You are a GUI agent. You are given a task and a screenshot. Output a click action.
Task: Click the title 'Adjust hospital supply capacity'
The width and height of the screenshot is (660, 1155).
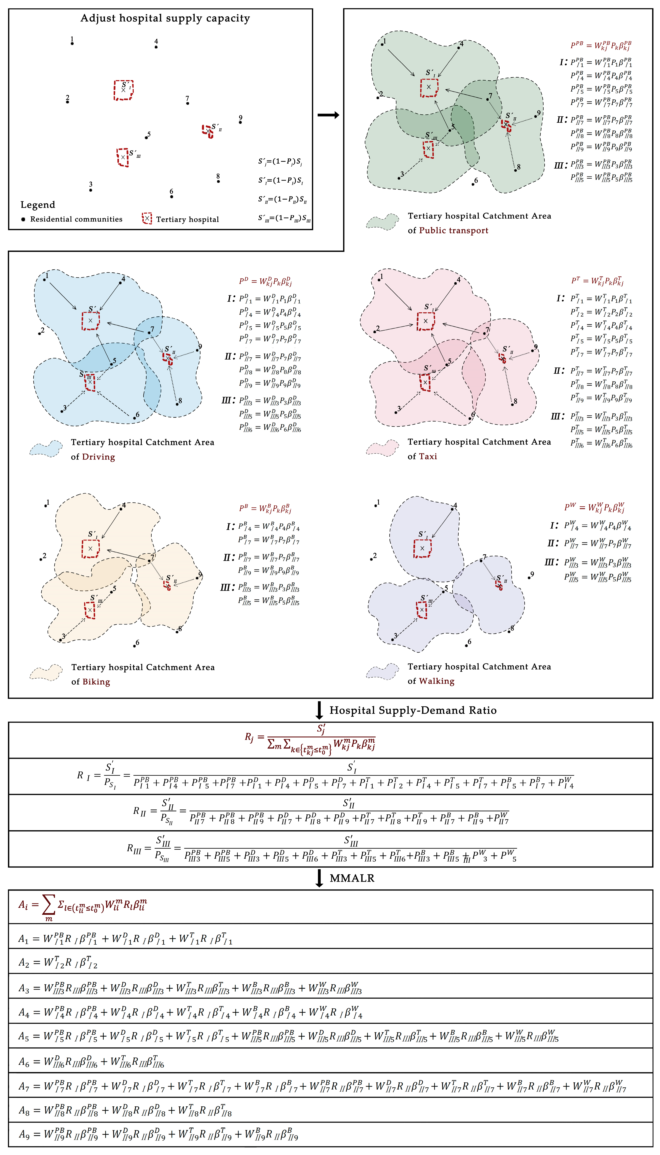click(165, 18)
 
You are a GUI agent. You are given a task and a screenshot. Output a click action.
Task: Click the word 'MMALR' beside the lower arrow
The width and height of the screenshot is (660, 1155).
click(352, 878)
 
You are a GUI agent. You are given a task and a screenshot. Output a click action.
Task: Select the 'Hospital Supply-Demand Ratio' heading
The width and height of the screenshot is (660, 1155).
click(412, 710)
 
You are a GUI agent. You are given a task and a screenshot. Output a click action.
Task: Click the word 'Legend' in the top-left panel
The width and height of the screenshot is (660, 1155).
click(38, 205)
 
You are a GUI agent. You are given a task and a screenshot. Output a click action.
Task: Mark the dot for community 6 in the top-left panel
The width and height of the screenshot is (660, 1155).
click(171, 197)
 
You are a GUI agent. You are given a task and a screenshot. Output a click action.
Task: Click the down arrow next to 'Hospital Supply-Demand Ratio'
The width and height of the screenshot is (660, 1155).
click(319, 710)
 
